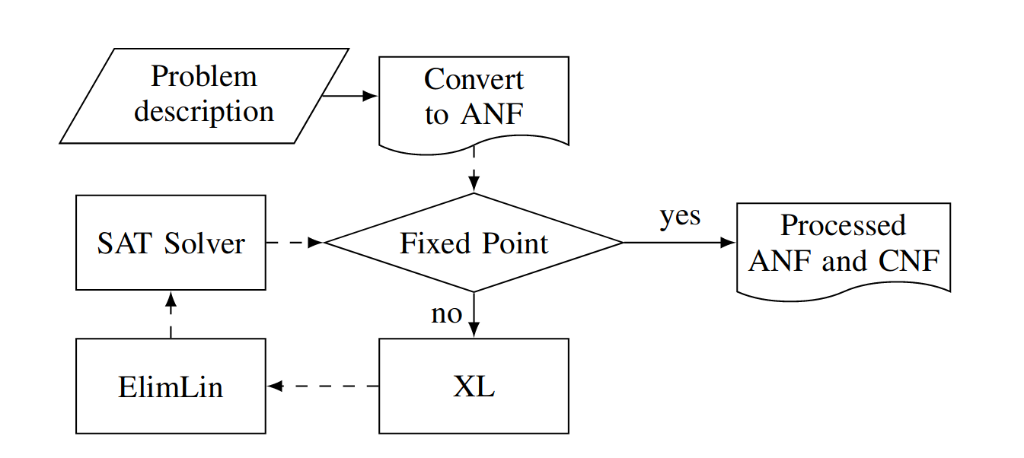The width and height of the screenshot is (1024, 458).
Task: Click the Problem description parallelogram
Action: coord(204,96)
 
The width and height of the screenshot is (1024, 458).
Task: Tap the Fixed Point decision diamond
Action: coord(474,243)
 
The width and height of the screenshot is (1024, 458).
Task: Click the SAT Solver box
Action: coord(171,243)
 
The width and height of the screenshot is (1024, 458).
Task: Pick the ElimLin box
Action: coord(171,386)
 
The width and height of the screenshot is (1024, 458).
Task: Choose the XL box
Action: coord(474,386)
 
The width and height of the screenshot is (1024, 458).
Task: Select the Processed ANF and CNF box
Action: coord(844,245)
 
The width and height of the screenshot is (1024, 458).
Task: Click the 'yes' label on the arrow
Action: coord(680,216)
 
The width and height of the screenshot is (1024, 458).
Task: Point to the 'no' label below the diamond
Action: coord(446,313)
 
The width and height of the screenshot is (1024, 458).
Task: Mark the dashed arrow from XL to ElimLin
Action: coord(323,386)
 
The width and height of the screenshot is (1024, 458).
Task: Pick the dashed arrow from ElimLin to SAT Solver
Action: coord(171,313)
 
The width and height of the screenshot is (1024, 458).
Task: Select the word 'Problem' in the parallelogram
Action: coord(204,77)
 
